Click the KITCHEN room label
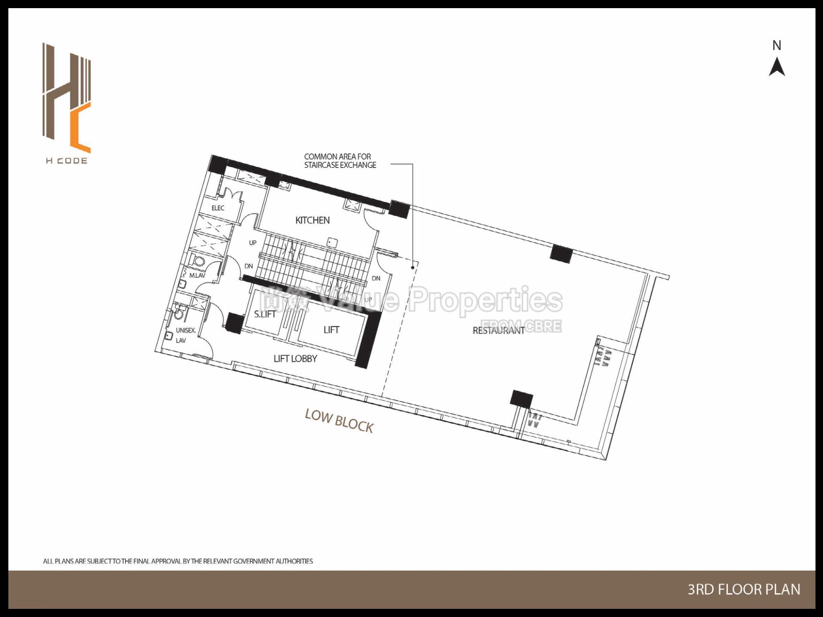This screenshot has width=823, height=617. pyautogui.click(x=312, y=220)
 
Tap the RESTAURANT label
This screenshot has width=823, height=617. pyautogui.click(x=498, y=330)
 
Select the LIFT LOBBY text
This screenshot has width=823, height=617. pyautogui.click(x=295, y=359)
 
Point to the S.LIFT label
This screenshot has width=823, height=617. pyautogui.click(x=265, y=314)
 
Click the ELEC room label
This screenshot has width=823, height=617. pyautogui.click(x=218, y=208)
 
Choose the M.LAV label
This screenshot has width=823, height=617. pyautogui.click(x=197, y=276)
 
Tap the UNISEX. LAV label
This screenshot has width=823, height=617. pyautogui.click(x=185, y=335)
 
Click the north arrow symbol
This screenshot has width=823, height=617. pyautogui.click(x=777, y=67)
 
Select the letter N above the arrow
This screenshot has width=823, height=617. pyautogui.click(x=777, y=45)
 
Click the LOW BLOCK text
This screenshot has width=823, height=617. pyautogui.click(x=339, y=421)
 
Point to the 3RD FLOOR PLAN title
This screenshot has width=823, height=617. pyautogui.click(x=744, y=590)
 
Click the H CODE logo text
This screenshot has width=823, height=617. pyautogui.click(x=66, y=161)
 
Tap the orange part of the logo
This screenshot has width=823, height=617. pyautogui.click(x=81, y=129)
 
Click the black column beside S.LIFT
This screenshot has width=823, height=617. pyautogui.click(x=234, y=323)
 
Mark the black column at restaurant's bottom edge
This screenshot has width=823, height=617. pyautogui.click(x=521, y=398)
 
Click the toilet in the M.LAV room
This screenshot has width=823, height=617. pyautogui.click(x=198, y=261)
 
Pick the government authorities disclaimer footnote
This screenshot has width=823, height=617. pyautogui.click(x=178, y=561)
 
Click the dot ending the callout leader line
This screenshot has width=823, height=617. pyautogui.click(x=413, y=267)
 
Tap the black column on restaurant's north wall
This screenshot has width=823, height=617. pyautogui.click(x=561, y=254)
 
